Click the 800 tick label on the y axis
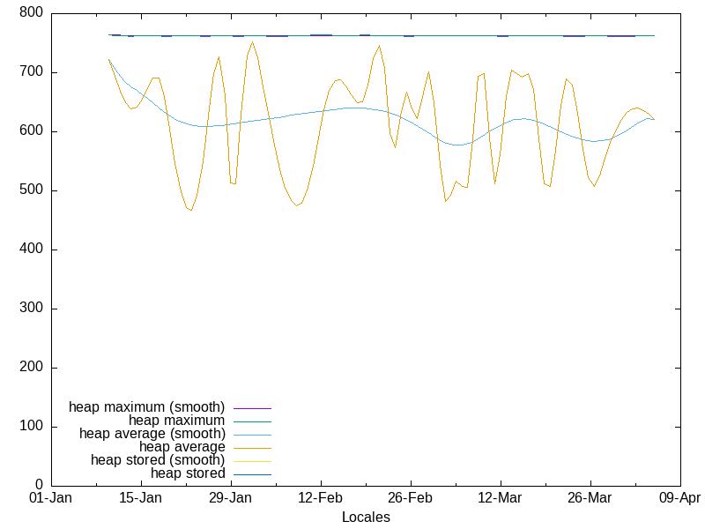31,13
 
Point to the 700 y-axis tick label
31,72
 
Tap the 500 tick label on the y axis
31,190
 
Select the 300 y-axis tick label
31,309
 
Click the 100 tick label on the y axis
31,427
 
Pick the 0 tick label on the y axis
40,485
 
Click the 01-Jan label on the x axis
50,498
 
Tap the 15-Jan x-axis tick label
140,498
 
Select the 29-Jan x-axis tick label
230,498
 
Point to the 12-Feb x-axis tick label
320,498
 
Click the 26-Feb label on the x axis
410,498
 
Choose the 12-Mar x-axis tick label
500,498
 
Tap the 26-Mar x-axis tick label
590,498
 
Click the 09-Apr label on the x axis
679,498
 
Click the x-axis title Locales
366,518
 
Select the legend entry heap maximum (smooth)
147,407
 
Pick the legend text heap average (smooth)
152,434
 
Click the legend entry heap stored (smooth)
158,460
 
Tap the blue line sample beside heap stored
252,474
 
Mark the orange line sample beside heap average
252,448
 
